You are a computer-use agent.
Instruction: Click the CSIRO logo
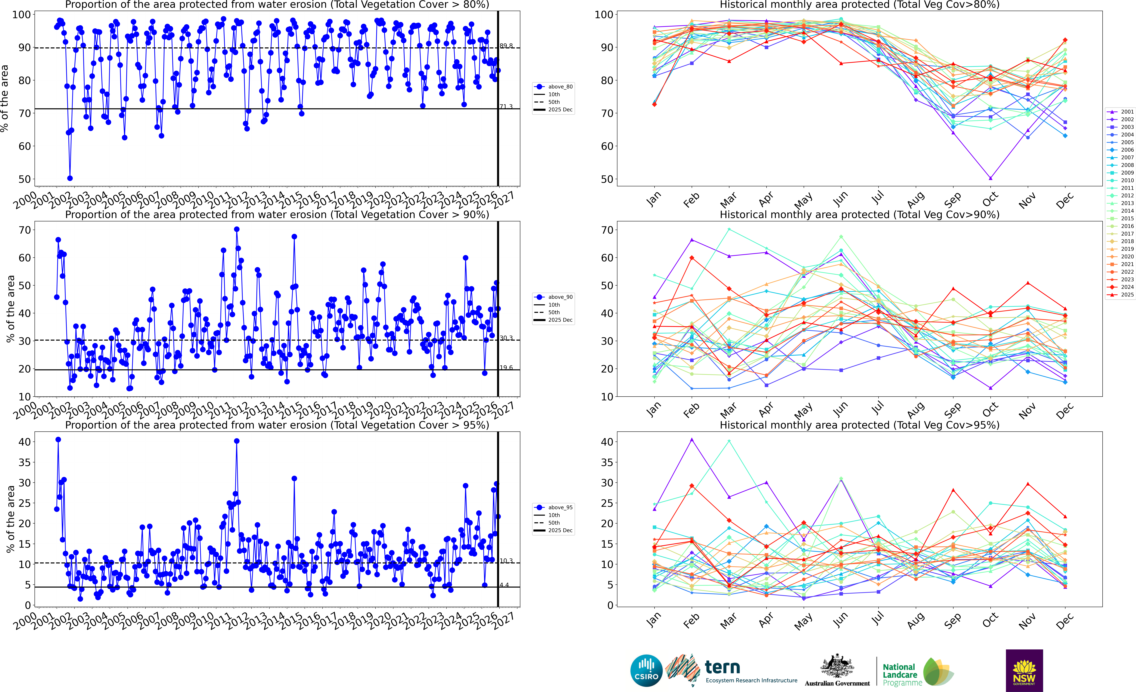pos(646,670)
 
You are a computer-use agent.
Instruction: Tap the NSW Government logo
pos(1024,670)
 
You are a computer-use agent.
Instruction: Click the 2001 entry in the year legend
pos(1127,112)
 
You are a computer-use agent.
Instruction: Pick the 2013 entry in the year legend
pos(1127,203)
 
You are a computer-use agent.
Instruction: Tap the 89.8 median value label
pos(506,46)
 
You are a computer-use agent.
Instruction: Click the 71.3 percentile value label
pos(506,107)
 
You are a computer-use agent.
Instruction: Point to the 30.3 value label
pos(506,338)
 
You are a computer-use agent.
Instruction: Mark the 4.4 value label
pos(504,585)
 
